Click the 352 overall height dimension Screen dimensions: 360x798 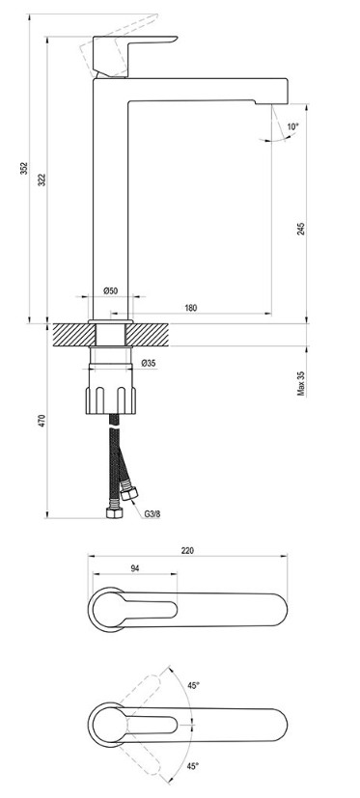click(23, 169)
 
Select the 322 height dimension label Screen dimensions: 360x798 click(42, 179)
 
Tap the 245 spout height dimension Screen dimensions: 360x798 click(300, 229)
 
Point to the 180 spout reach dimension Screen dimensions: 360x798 click(190, 308)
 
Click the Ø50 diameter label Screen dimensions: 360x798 click(110, 290)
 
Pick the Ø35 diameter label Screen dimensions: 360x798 click(149, 363)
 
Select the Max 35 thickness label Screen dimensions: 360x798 click(301, 384)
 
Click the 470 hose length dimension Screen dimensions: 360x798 click(42, 421)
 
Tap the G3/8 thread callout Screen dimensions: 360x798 click(152, 514)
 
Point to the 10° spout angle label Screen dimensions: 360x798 click(292, 126)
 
